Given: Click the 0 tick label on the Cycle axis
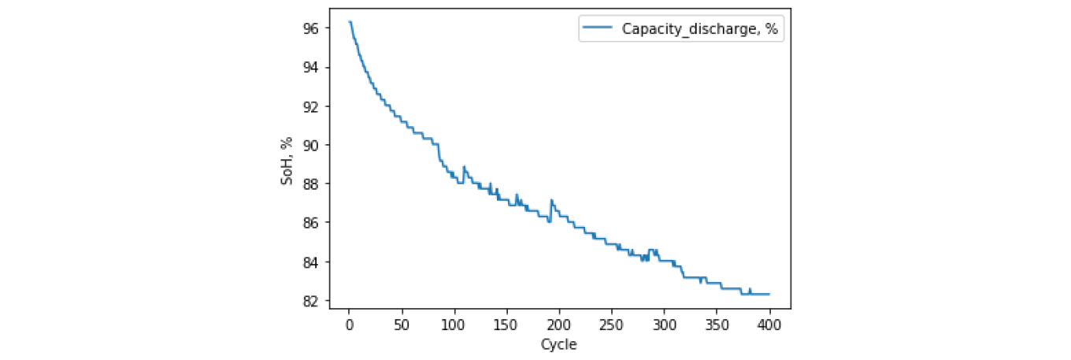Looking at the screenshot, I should coord(349,325).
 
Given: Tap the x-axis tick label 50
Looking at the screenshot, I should coord(402,325).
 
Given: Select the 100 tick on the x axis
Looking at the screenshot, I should coord(454,325).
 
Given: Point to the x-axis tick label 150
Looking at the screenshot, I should coord(506,325).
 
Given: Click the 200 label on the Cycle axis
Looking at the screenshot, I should coord(559,325).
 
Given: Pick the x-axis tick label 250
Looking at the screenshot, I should coord(612,325).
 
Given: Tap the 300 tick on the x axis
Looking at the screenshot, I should coord(664,325).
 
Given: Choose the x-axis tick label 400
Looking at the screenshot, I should coord(769,325).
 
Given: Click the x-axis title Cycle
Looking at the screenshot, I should coord(558,344).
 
